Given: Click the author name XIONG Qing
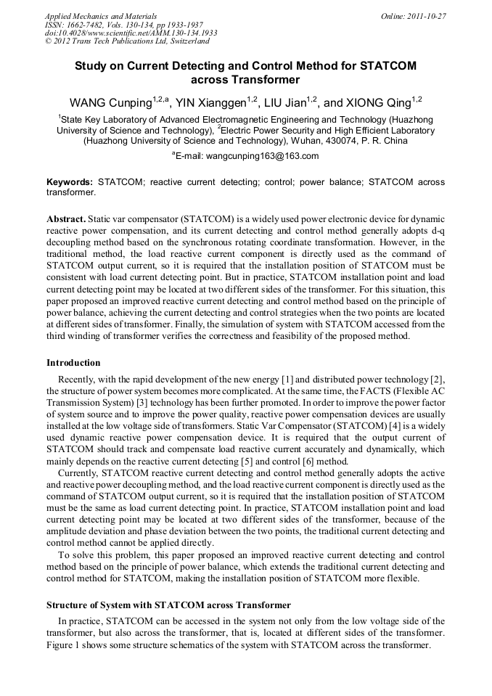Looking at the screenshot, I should (x=377, y=102).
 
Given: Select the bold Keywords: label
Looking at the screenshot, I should (x=70, y=182).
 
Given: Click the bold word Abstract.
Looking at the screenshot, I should (x=66, y=218).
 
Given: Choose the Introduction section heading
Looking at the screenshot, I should (x=73, y=363).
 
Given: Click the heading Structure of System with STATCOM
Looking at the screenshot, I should (x=168, y=605).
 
